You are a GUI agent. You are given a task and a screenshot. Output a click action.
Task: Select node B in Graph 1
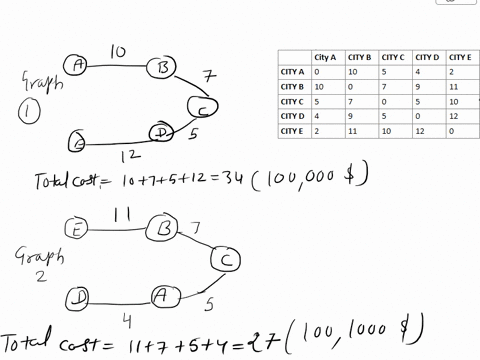point(160,67)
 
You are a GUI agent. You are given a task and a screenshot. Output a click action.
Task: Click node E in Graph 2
point(78,229)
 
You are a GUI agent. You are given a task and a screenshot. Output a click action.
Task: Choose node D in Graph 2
point(78,297)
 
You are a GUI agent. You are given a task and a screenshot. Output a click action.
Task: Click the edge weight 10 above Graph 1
point(117,47)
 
